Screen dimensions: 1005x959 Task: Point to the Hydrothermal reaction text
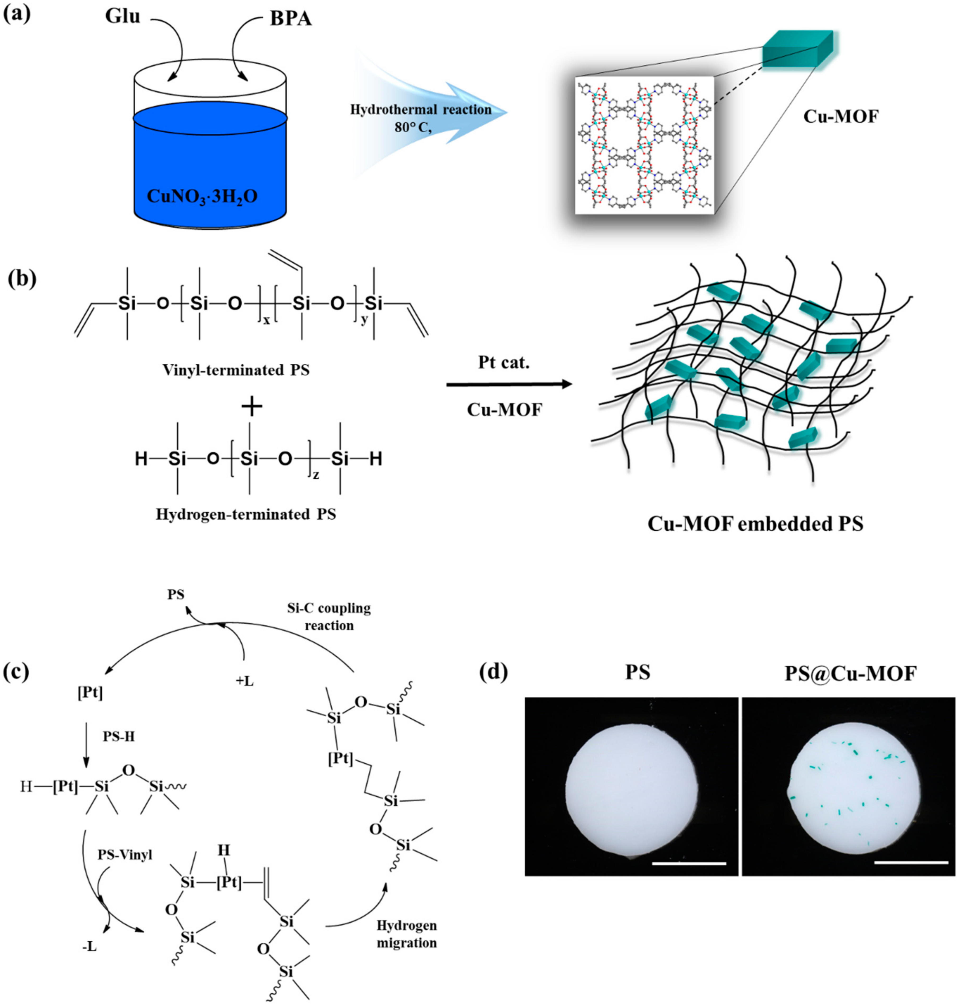[420, 109]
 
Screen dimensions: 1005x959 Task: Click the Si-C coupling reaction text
[329, 616]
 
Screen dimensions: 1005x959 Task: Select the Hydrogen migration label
[406, 934]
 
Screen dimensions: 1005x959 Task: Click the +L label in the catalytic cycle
[245, 681]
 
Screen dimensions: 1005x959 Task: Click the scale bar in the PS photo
[689, 863]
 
